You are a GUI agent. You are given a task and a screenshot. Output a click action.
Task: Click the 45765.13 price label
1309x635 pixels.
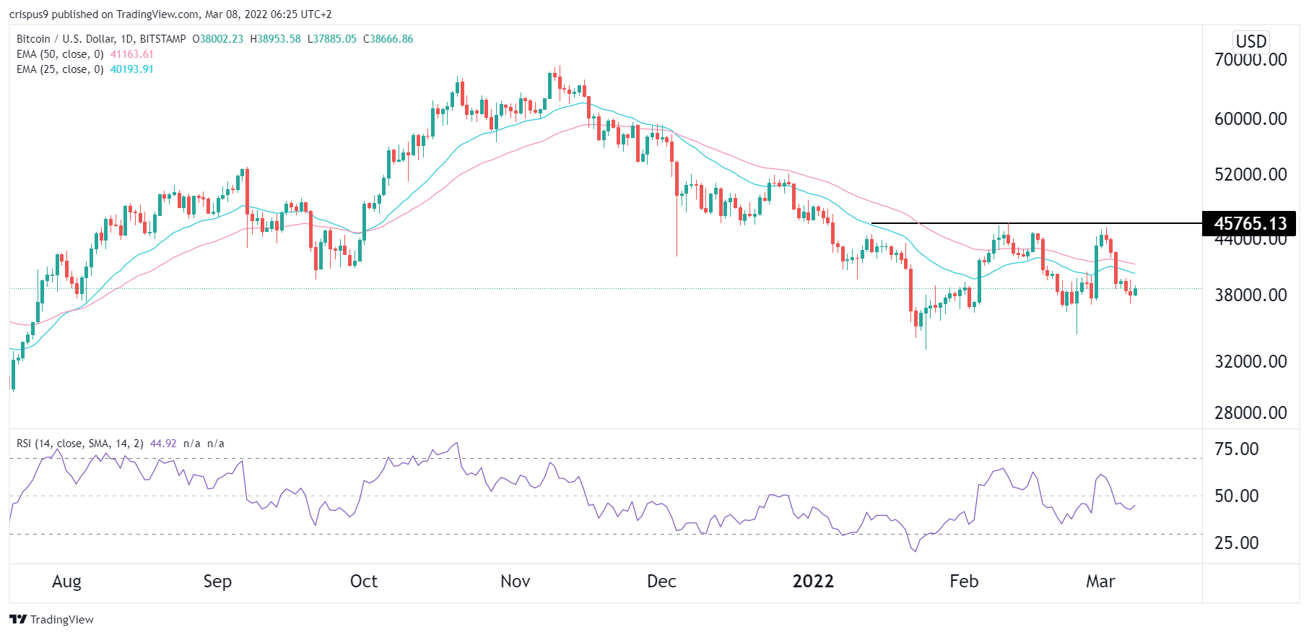[x=1250, y=223]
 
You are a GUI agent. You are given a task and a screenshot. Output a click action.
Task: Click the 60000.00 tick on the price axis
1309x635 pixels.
[x=1250, y=118]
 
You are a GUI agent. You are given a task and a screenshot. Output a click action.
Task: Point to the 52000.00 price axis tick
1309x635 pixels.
[x=1250, y=174]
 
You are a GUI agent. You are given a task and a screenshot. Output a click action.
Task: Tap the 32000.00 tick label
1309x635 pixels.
[x=1250, y=361]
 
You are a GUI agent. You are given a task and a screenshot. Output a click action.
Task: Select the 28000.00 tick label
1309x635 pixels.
[x=1250, y=412]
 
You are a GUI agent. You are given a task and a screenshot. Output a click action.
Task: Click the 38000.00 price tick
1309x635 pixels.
[x=1250, y=295]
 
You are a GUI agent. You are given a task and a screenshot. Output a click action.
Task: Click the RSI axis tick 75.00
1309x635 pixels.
[x=1236, y=449]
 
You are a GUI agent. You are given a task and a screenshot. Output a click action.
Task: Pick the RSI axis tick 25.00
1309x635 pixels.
[x=1236, y=543]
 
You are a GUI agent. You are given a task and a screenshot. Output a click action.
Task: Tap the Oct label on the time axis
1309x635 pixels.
[x=363, y=582]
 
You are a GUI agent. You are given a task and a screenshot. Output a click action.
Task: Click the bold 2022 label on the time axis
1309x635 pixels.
[x=813, y=582]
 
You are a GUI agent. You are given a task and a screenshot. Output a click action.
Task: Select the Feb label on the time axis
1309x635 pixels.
[x=964, y=582]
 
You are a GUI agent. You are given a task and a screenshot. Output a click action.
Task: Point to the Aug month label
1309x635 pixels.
[x=66, y=582]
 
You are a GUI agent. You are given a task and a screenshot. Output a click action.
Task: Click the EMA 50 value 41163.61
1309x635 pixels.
[x=131, y=54]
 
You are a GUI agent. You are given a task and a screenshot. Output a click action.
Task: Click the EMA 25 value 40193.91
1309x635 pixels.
[x=131, y=69]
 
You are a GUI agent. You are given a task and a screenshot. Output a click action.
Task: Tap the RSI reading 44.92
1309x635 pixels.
[x=163, y=444]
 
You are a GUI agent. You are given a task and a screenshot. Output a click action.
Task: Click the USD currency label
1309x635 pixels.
[x=1251, y=41]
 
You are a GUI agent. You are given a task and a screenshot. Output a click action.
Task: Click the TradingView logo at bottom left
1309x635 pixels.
[x=52, y=619]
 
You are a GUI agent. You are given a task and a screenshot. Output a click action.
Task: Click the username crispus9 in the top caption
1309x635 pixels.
[x=29, y=14]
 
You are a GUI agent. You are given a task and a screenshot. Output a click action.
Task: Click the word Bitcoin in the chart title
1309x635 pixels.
[x=33, y=39]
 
